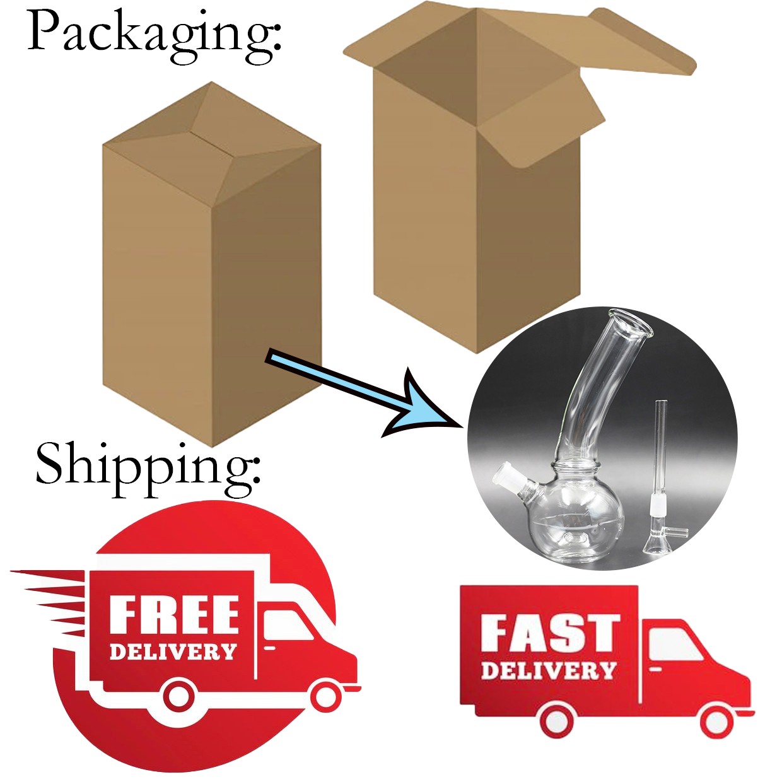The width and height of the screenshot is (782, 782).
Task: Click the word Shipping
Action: click(x=149, y=469)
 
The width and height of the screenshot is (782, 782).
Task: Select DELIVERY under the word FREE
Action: click(x=173, y=651)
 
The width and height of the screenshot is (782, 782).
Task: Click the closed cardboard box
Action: click(x=212, y=264)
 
